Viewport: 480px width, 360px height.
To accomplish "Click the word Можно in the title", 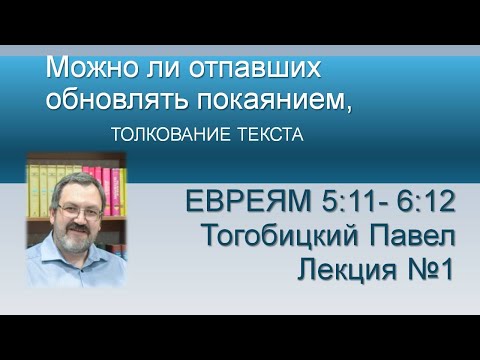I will pos(84,69).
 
